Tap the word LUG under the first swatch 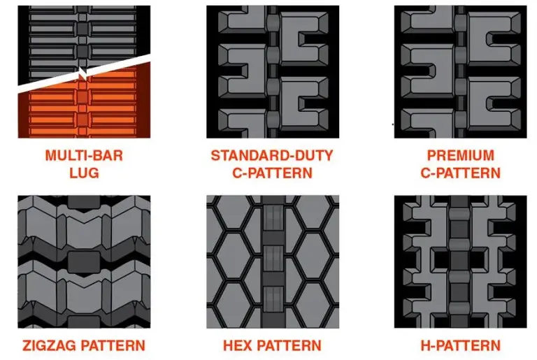84,173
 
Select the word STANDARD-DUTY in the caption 273,155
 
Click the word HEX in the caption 241,345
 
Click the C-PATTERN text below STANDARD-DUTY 273,173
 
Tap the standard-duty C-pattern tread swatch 273,71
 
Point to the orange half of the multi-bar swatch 84,112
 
